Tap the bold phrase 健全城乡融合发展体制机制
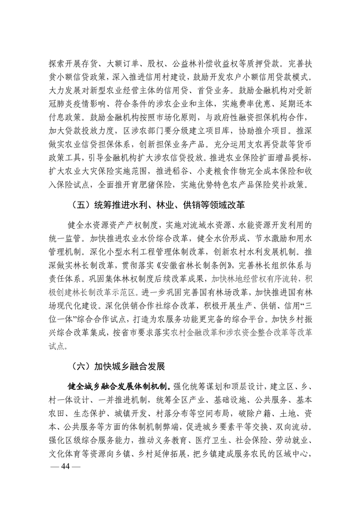[x=118, y=387]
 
